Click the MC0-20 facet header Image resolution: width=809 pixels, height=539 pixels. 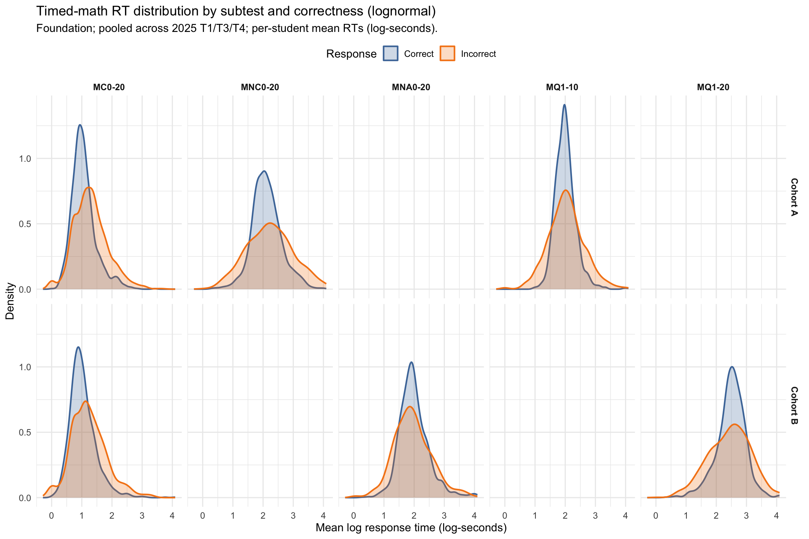click(109, 87)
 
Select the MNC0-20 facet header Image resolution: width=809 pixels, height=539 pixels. click(260, 87)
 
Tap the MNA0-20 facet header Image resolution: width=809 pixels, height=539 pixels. click(411, 87)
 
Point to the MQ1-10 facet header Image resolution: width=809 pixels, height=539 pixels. click(562, 87)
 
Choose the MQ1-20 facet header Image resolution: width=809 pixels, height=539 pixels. click(713, 87)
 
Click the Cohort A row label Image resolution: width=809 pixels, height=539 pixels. click(794, 197)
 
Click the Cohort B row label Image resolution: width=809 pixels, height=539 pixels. click(794, 405)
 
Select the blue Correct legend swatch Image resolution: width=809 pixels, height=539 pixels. click(390, 54)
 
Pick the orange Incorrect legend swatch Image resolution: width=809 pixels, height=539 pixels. click(447, 54)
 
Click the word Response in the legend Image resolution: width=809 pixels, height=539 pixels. click(351, 54)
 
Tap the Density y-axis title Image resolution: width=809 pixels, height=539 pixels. click(10, 301)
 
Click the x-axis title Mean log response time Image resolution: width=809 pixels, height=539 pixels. click(411, 527)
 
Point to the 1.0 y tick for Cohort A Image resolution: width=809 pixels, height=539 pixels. click(25, 159)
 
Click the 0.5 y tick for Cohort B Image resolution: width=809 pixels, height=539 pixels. click(25, 432)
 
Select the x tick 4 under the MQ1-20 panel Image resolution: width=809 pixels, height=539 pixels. click(776, 516)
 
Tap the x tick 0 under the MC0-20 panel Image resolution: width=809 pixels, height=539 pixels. click(52, 516)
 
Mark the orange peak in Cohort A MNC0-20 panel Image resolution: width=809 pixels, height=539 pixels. click(270, 223)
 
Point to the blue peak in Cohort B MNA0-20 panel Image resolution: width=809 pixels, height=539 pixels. click(411, 362)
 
